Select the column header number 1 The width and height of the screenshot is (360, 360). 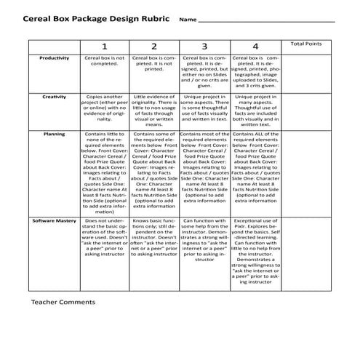(104, 47)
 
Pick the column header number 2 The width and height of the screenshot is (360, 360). (154, 47)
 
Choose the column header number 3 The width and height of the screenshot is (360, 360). (204, 47)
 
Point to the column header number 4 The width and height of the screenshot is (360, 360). (255, 47)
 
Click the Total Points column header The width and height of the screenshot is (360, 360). (306, 44)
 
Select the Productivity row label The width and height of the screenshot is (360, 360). (55, 58)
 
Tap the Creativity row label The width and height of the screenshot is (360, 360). (55, 96)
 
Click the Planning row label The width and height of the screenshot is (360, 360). (55, 134)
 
